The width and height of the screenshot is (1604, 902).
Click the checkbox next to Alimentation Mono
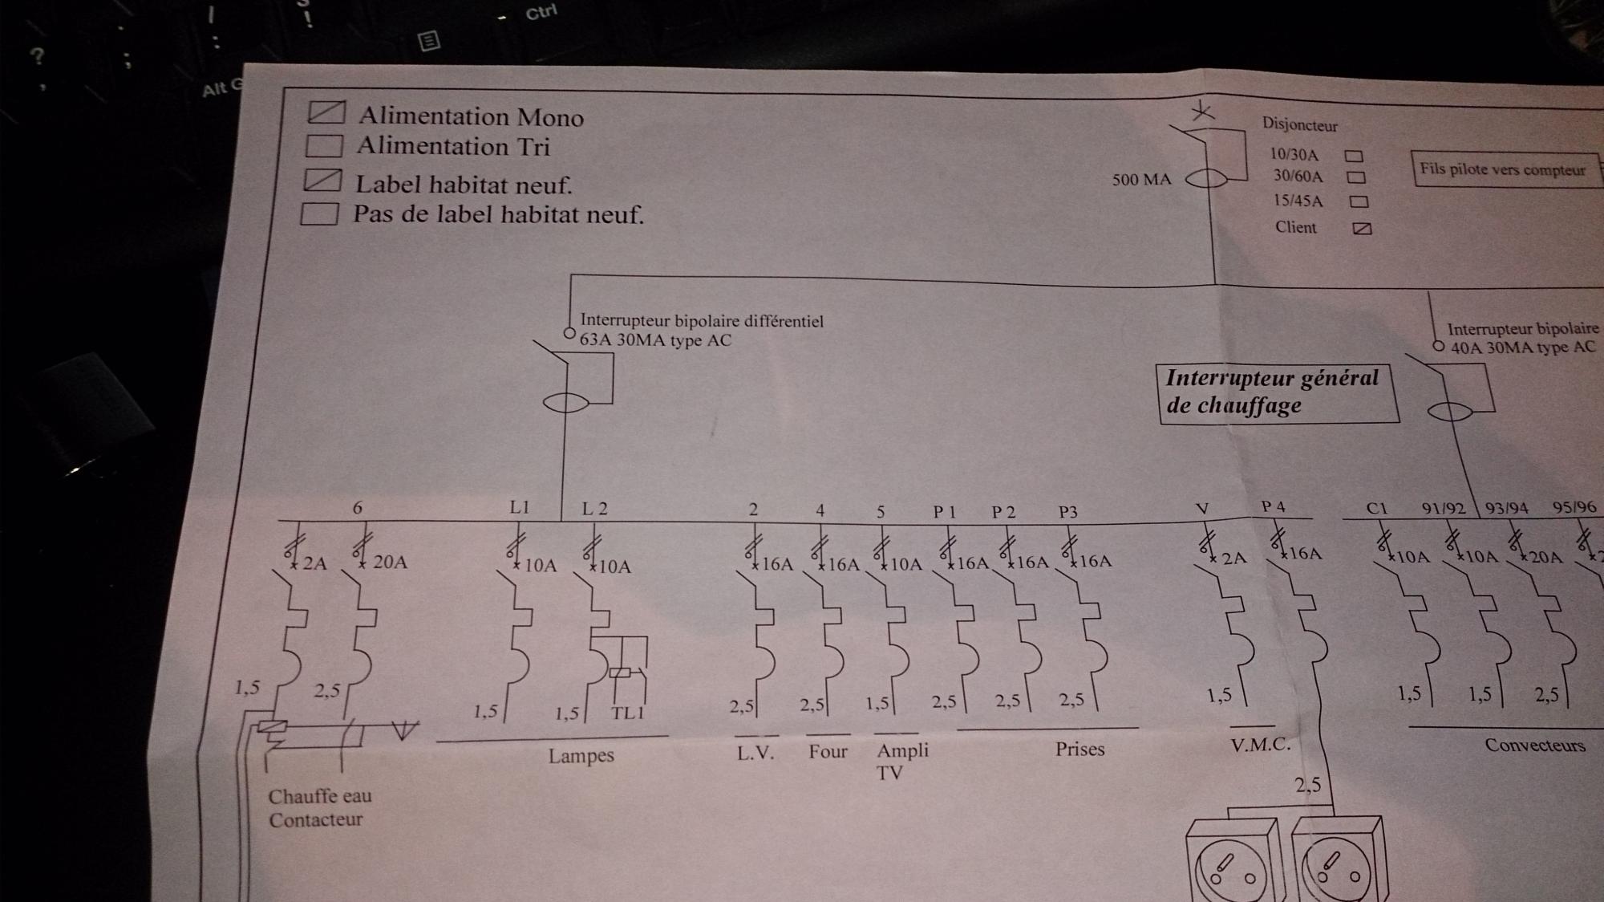click(326, 112)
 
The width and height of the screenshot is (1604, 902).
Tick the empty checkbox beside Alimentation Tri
click(325, 145)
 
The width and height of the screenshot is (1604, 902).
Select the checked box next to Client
click(1362, 229)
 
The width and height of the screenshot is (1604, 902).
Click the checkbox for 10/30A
click(1354, 156)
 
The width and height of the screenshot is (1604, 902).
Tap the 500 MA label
click(1141, 180)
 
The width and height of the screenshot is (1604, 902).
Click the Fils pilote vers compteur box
click(1503, 169)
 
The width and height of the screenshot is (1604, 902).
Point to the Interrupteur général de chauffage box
click(1277, 392)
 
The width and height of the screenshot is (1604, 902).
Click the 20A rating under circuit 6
click(390, 562)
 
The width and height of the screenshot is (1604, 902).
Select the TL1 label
click(627, 713)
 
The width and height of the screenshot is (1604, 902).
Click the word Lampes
click(581, 755)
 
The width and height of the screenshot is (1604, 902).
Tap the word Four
click(828, 751)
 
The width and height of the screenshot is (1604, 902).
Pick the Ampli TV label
click(901, 761)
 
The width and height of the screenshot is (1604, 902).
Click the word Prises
click(1079, 749)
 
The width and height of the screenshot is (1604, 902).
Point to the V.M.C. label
click(1260, 745)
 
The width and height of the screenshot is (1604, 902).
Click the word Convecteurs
click(1534, 745)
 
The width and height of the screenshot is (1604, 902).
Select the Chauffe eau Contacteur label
click(319, 807)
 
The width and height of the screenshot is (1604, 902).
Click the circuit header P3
click(1067, 512)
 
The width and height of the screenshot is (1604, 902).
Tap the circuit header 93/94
click(1506, 508)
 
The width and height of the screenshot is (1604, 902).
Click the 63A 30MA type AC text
click(655, 340)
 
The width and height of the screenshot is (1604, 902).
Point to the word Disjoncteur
click(1299, 124)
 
